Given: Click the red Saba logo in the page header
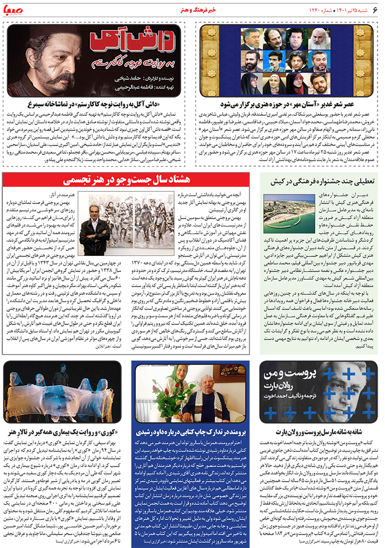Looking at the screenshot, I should [x=17, y=9].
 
